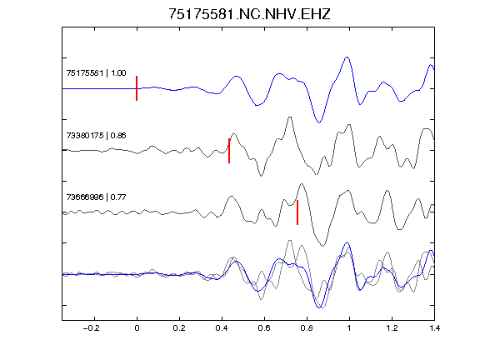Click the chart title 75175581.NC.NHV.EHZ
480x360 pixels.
(x=249, y=14)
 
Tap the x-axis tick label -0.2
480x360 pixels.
(x=91, y=328)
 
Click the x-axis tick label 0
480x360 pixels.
(x=137, y=328)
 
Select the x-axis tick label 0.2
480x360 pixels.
(x=179, y=328)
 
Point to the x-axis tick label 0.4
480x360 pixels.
(x=222, y=328)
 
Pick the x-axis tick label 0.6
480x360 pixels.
(x=264, y=328)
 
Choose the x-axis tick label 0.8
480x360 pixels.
(x=307, y=328)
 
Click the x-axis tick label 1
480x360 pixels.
(x=349, y=328)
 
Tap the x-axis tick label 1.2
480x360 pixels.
(x=392, y=328)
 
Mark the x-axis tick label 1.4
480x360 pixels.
(x=434, y=328)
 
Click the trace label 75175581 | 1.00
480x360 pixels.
(x=96, y=73)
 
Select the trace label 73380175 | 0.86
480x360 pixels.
(x=96, y=135)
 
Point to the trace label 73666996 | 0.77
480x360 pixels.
(x=96, y=197)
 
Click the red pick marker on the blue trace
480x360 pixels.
(x=137, y=88)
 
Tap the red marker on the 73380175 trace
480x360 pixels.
(x=229, y=151)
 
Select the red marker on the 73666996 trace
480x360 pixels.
(x=297, y=212)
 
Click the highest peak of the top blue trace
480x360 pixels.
(x=347, y=57)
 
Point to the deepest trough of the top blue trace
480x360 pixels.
(x=319, y=122)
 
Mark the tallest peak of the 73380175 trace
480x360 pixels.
(x=290, y=117)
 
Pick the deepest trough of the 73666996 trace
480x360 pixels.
(x=322, y=246)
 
